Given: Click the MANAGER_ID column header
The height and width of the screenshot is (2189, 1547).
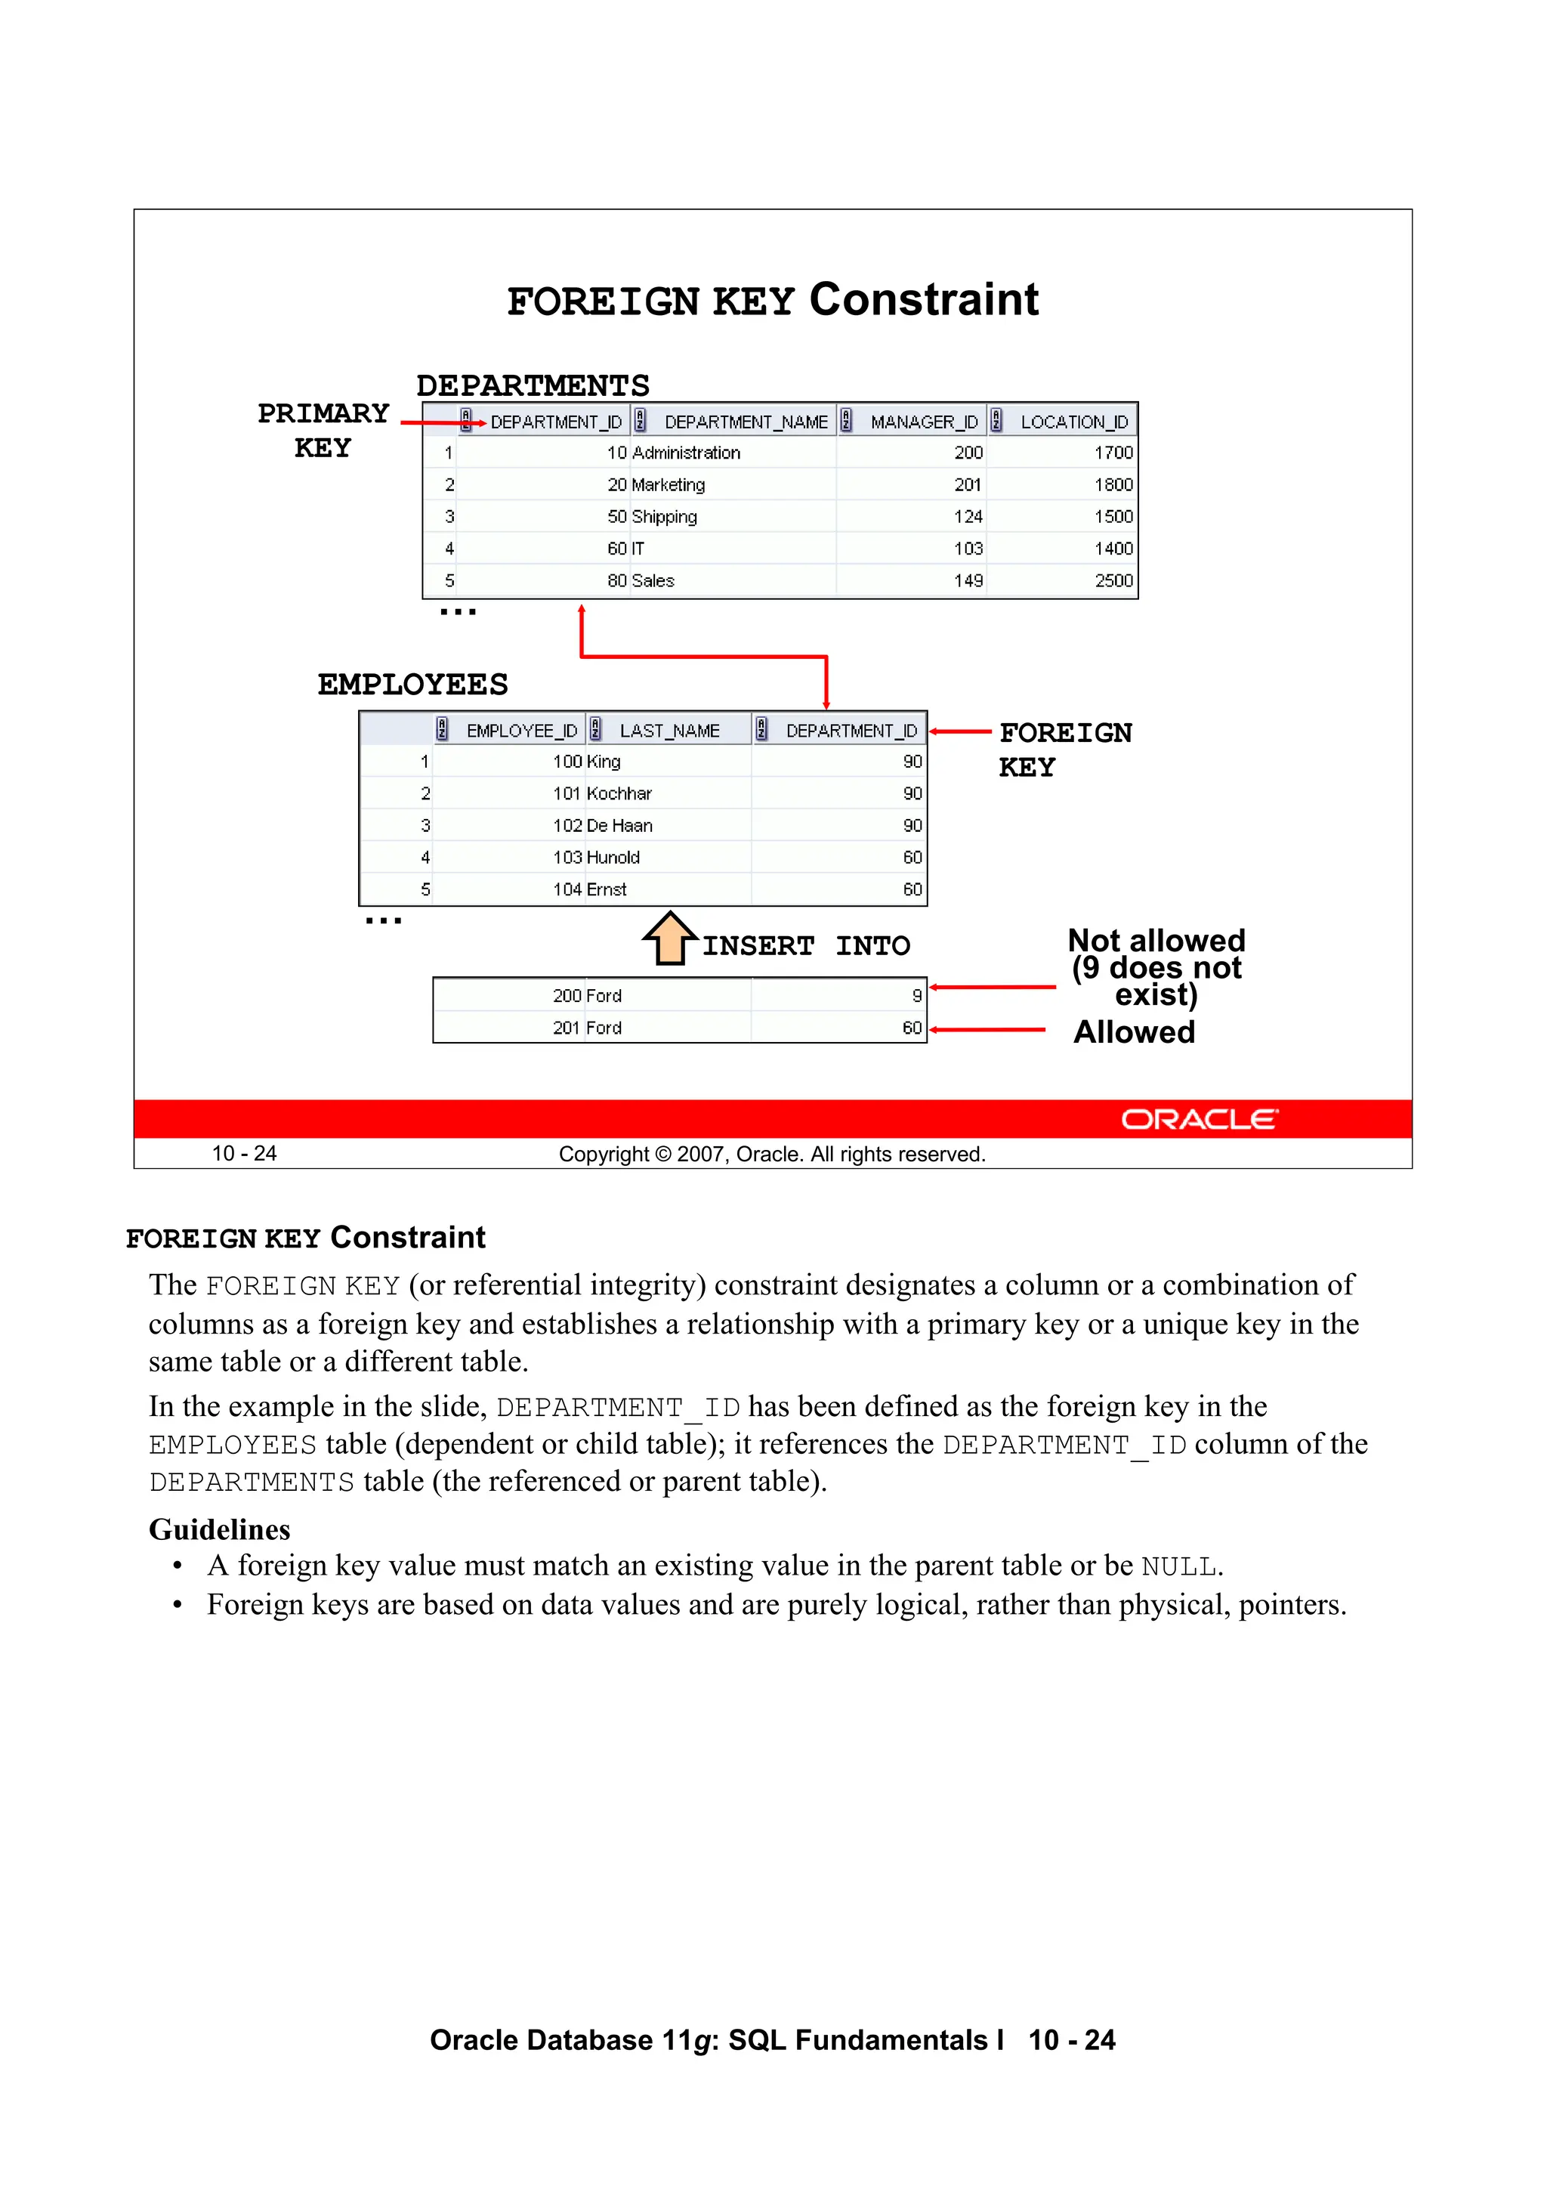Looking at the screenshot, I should click(x=922, y=422).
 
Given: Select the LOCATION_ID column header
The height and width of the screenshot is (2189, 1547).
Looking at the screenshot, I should click(x=1073, y=422).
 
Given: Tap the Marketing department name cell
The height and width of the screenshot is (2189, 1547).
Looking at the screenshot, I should click(x=669, y=484).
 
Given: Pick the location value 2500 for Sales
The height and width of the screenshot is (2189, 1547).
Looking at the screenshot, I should click(x=1113, y=580).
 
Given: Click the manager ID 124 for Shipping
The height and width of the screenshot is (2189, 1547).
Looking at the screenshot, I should click(x=968, y=517).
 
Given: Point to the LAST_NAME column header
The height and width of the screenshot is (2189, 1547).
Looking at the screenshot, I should click(x=669, y=731).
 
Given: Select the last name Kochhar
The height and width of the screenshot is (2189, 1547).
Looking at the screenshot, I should click(x=619, y=793).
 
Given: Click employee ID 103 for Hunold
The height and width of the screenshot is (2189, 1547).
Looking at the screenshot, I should click(x=567, y=857).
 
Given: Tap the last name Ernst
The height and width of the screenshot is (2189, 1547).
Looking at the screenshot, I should click(x=607, y=889).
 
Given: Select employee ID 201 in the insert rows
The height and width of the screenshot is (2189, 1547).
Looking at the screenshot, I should click(x=567, y=1028).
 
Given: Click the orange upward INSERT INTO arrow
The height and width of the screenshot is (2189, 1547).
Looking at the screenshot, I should click(x=670, y=938).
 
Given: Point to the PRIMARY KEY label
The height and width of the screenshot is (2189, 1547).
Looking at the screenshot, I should click(x=323, y=430).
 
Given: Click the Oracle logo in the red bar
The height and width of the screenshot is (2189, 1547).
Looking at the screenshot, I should click(x=1198, y=1118).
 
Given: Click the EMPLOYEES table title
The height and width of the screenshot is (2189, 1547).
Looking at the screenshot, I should click(x=412, y=684).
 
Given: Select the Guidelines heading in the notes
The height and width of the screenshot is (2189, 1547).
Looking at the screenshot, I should click(x=219, y=1529).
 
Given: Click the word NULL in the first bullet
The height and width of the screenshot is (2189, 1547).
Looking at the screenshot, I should click(x=1178, y=1567).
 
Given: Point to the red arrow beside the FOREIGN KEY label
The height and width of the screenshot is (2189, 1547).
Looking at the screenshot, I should click(x=960, y=731).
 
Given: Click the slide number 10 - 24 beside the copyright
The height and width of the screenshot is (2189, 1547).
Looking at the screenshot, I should click(x=244, y=1154).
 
